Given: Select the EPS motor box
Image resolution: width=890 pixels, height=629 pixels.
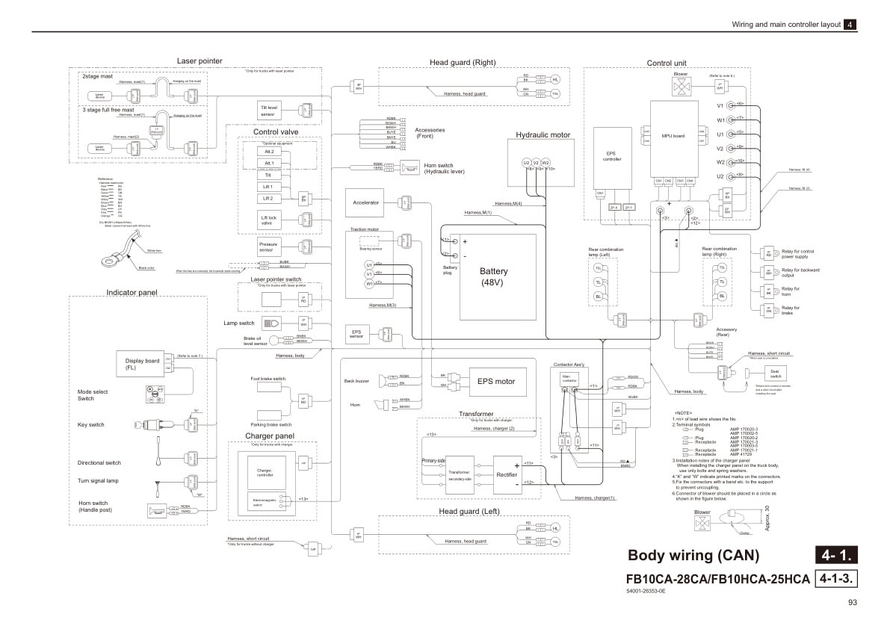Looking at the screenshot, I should (496, 381).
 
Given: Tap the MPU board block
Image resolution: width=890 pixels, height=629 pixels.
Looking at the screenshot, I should (673, 137).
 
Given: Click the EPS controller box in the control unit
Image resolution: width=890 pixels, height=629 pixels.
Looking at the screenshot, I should (612, 156).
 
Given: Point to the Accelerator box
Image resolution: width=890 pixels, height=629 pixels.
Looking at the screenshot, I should (365, 202).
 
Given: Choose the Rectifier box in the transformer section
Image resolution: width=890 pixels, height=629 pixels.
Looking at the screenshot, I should (506, 474).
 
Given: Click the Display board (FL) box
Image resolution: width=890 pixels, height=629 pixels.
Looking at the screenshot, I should (141, 364).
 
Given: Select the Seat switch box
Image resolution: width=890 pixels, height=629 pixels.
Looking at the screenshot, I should (776, 374).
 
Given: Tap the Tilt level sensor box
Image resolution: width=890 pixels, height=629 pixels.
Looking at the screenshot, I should (269, 110).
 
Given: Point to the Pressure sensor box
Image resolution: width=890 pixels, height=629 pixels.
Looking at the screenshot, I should (268, 247).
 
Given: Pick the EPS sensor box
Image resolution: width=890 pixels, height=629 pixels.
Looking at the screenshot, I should (356, 333).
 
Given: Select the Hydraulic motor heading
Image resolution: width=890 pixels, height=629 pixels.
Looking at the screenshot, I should (543, 135).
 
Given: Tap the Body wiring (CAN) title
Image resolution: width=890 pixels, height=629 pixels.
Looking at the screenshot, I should (693, 555).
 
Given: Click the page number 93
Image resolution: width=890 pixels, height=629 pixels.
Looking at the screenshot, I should (852, 603).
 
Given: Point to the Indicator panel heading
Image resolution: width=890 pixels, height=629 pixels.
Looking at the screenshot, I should (132, 292).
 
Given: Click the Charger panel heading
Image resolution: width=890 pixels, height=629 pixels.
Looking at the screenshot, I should (269, 436).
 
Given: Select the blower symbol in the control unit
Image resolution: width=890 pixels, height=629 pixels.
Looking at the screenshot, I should (681, 87).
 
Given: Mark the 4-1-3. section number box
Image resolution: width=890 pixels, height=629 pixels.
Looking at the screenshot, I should (836, 578).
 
